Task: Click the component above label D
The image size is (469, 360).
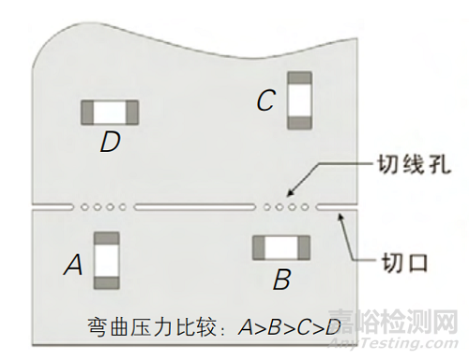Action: click(x=111, y=112)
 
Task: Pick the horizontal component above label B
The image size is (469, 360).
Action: click(x=280, y=247)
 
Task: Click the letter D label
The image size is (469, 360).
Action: click(x=111, y=143)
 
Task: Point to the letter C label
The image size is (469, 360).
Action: click(x=265, y=101)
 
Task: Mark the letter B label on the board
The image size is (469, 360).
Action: click(x=281, y=279)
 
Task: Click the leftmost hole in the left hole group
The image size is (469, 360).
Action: click(x=84, y=206)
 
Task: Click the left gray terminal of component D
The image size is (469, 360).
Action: click(x=88, y=112)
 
